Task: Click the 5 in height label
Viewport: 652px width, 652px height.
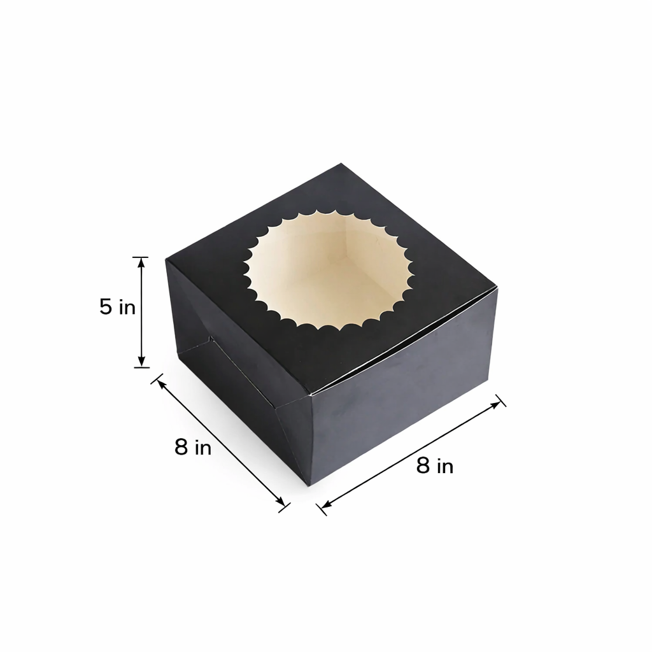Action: [117, 307]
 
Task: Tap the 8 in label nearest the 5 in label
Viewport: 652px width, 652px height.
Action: [192, 448]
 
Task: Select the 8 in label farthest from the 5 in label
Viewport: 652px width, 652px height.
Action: [435, 466]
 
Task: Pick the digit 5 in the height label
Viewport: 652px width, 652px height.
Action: [106, 307]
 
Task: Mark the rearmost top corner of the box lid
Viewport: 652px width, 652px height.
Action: [341, 164]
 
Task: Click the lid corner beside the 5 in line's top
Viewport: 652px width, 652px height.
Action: [167, 260]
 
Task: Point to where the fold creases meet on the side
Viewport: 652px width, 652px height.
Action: [210, 339]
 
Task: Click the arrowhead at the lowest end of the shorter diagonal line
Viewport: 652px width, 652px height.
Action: [281, 504]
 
